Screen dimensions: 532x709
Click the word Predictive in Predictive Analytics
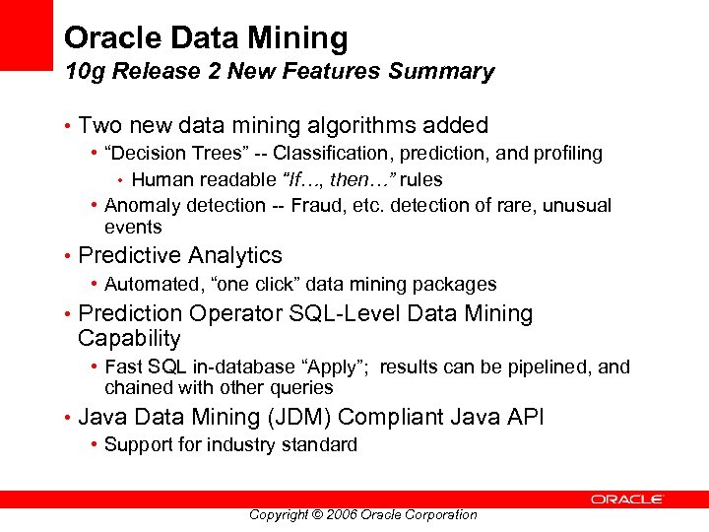click(x=126, y=255)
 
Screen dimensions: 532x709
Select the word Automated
click(x=152, y=284)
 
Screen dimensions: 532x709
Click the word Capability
click(x=129, y=339)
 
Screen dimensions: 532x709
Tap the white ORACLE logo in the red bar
click(x=627, y=499)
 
